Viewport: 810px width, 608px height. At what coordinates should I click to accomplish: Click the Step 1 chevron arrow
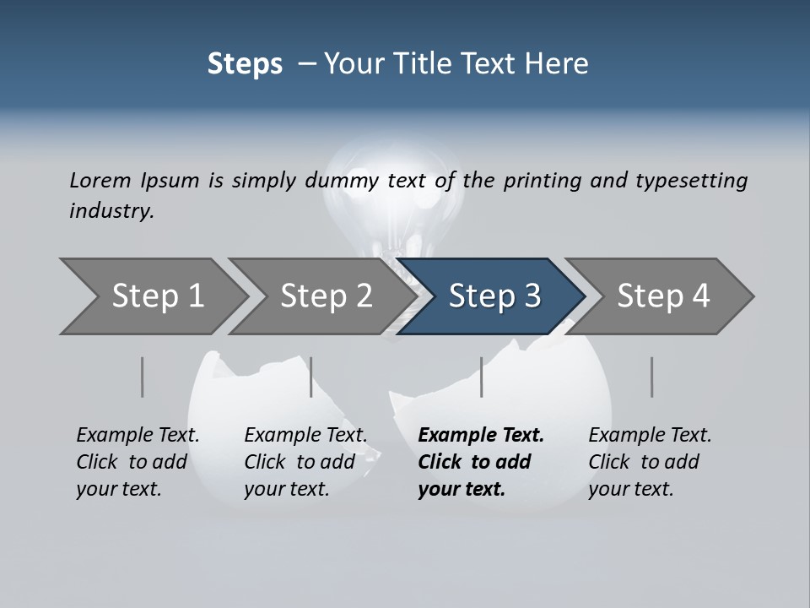click(x=156, y=296)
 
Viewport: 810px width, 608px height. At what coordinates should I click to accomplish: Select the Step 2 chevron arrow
click(x=325, y=296)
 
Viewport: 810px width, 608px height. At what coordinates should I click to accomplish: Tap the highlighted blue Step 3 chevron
click(x=494, y=296)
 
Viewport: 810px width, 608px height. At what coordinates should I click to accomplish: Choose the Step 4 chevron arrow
click(x=662, y=296)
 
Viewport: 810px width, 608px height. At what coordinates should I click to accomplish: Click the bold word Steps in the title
click(x=245, y=63)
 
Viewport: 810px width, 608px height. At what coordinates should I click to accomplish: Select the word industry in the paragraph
click(x=111, y=210)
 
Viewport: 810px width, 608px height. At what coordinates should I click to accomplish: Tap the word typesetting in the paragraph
click(x=691, y=180)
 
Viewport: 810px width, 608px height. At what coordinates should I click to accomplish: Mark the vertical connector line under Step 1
click(x=143, y=377)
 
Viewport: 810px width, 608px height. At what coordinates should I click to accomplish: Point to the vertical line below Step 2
click(x=311, y=377)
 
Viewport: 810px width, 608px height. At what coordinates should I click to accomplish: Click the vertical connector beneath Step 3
click(x=482, y=377)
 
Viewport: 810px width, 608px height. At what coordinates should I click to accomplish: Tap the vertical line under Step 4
click(x=652, y=377)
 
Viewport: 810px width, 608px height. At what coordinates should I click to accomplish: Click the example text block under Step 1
click(x=138, y=462)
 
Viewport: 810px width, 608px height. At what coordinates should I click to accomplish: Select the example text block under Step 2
click(x=305, y=462)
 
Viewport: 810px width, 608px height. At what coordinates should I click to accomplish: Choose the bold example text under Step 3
click(x=481, y=462)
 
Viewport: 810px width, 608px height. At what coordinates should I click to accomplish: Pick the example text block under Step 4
click(x=650, y=462)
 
